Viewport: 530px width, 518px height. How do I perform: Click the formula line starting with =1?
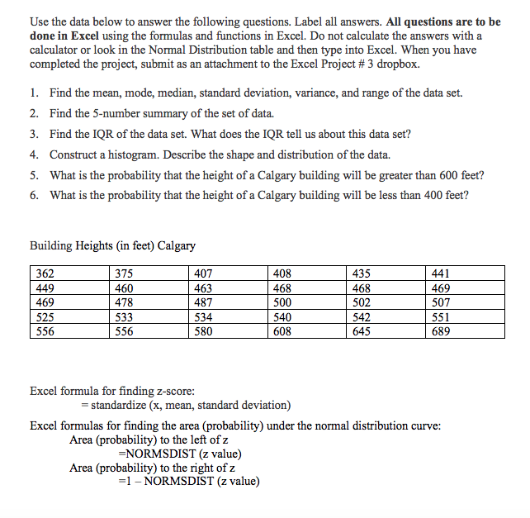coord(189,482)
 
